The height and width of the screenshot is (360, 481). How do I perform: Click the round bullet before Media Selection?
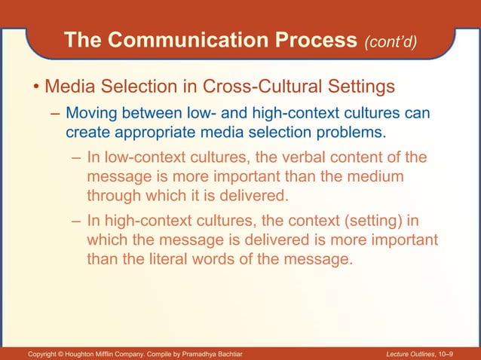35,89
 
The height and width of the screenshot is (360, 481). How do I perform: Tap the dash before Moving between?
55,115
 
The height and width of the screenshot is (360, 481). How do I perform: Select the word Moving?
93,114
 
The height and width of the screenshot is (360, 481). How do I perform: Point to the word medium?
375,178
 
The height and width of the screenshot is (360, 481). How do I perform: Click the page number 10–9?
462,353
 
